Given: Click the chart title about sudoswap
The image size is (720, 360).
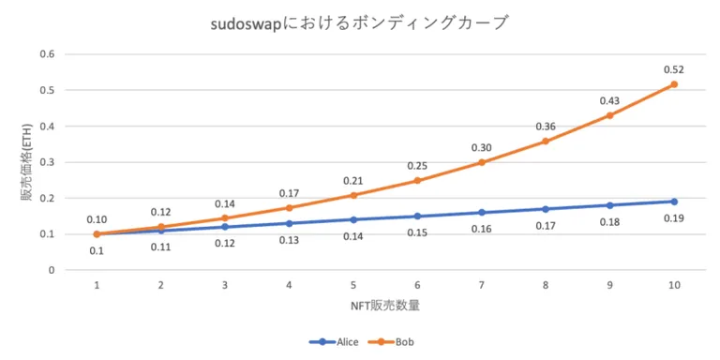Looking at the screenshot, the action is tap(359, 22).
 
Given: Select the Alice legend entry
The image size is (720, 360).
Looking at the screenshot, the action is tap(334, 341).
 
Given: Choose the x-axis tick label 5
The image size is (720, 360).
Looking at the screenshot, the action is tap(353, 285).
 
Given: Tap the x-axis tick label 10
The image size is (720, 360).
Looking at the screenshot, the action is tap(674, 285).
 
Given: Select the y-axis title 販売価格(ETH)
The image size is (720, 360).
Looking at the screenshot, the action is tap(26, 162).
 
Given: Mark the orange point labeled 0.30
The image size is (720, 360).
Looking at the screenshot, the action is tap(482, 162).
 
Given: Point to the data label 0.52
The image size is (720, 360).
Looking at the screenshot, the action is tap(674, 69).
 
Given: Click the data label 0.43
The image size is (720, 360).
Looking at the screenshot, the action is tap(609, 100).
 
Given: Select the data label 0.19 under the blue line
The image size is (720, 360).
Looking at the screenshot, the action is tap(674, 218).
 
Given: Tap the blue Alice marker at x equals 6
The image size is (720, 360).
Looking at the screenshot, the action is tap(417, 217).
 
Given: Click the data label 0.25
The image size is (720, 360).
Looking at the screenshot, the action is tap(417, 166).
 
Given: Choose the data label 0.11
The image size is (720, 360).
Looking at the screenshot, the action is tap(160, 247).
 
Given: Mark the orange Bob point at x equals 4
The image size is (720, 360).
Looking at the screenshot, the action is tap(289, 208).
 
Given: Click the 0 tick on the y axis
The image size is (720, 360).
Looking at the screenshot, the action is tap(52, 270).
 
